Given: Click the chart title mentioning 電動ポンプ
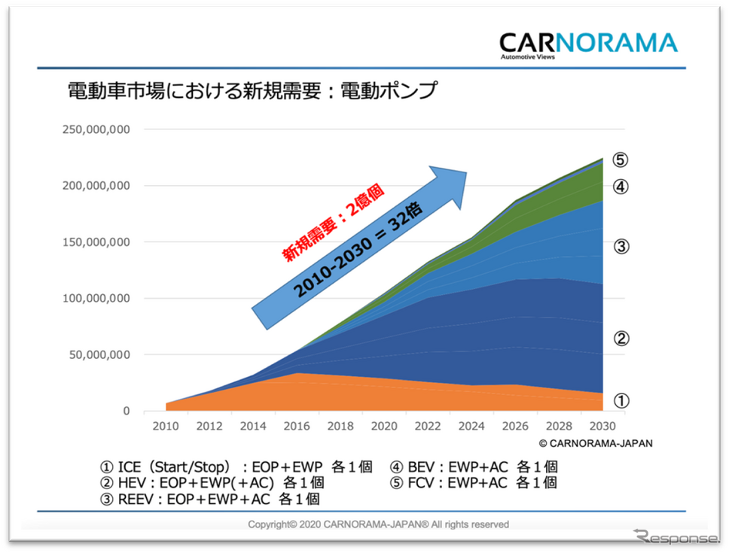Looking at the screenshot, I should coord(252,92).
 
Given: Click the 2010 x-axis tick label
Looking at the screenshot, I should coord(166,425).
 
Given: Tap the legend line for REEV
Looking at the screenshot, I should coord(211,498).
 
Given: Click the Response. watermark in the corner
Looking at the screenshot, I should coord(676,536).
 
